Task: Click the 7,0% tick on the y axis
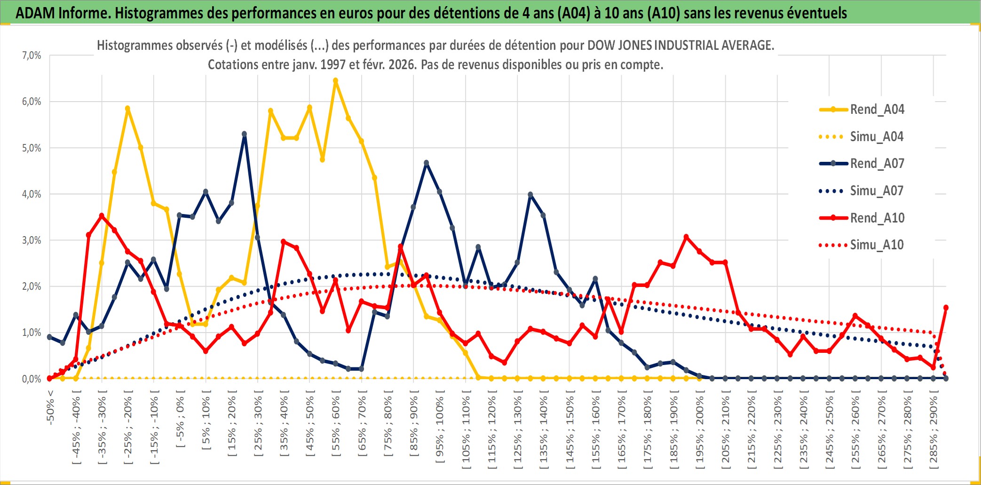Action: (x=32, y=56)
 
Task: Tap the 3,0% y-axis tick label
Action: (x=32, y=240)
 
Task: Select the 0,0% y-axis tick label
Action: (x=32, y=379)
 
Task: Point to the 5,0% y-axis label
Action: (x=32, y=148)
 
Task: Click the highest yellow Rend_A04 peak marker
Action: (x=335, y=81)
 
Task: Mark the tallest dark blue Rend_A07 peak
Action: (x=245, y=134)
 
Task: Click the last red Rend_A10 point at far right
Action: (x=946, y=308)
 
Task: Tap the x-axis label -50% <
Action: (x=50, y=407)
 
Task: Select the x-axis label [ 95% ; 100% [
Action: (x=440, y=430)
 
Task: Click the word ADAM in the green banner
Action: (x=35, y=13)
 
